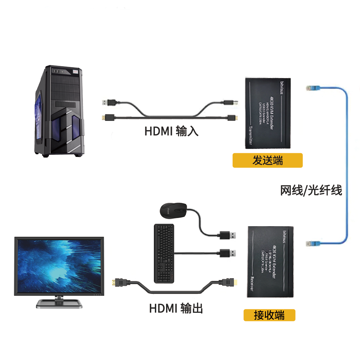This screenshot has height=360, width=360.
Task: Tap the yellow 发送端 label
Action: tap(267, 160)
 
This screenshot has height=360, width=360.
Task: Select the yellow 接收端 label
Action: tap(269, 315)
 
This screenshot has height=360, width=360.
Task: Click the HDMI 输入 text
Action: tap(171, 131)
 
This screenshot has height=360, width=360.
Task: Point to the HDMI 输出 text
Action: tap(176, 308)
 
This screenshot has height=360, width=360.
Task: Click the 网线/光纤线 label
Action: tap(311, 191)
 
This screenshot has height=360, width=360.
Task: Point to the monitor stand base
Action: tap(59, 303)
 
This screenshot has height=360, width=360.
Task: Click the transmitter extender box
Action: tap(268, 113)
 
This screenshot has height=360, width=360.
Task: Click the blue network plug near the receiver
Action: tap(312, 243)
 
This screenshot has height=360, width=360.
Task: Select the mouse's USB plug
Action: tap(228, 235)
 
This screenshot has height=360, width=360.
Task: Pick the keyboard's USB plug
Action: tap(228, 253)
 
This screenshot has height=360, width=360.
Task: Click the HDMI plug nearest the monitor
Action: tap(121, 282)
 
